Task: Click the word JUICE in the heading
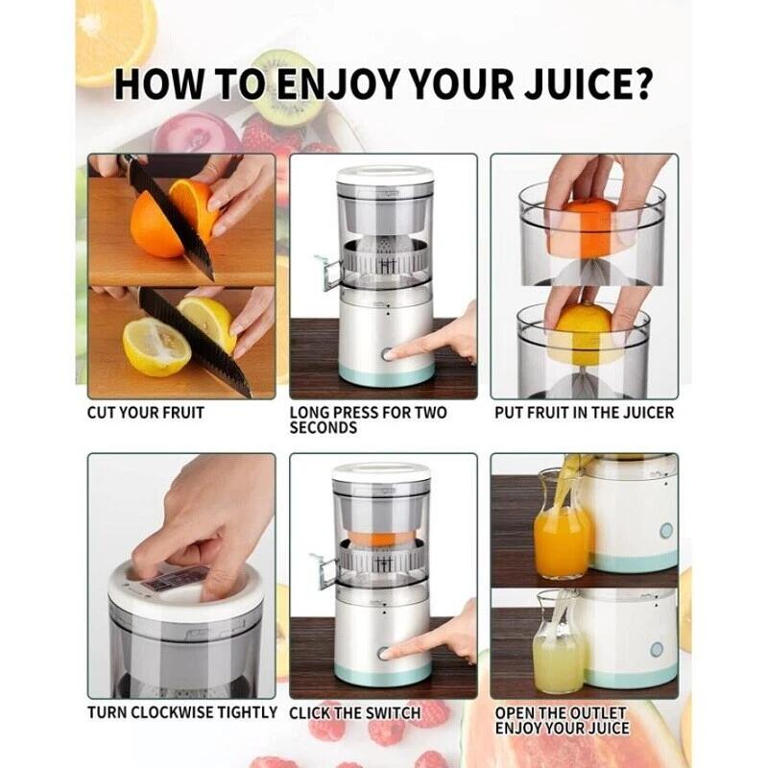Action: click(x=573, y=84)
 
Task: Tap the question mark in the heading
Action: click(x=638, y=84)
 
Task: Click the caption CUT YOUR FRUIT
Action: click(x=146, y=413)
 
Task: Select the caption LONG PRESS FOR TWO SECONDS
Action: click(x=368, y=420)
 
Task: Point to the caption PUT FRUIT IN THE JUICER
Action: click(x=585, y=413)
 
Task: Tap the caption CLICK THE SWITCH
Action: click(x=354, y=713)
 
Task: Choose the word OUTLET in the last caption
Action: click(x=593, y=713)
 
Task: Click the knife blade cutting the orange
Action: click(x=171, y=220)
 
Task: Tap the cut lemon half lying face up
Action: click(x=156, y=347)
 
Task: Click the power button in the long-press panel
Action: click(x=388, y=354)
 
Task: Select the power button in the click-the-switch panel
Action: click(x=383, y=654)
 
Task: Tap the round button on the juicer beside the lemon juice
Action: click(x=657, y=650)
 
